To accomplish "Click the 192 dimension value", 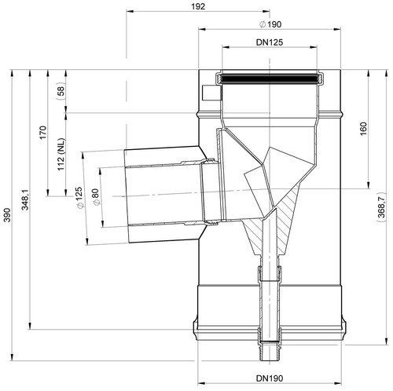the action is coord(198,6).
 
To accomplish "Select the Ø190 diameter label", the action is coord(270,24).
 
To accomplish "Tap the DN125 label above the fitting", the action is coord(270,42).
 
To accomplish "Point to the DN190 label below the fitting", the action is coord(270,378).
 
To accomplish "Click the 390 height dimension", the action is coord(7,215).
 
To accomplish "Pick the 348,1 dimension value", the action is coord(25,199).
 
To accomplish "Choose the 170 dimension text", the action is coord(43,133).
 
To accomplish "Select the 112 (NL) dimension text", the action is coord(61,155).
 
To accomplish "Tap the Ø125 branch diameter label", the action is coord(80,197).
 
